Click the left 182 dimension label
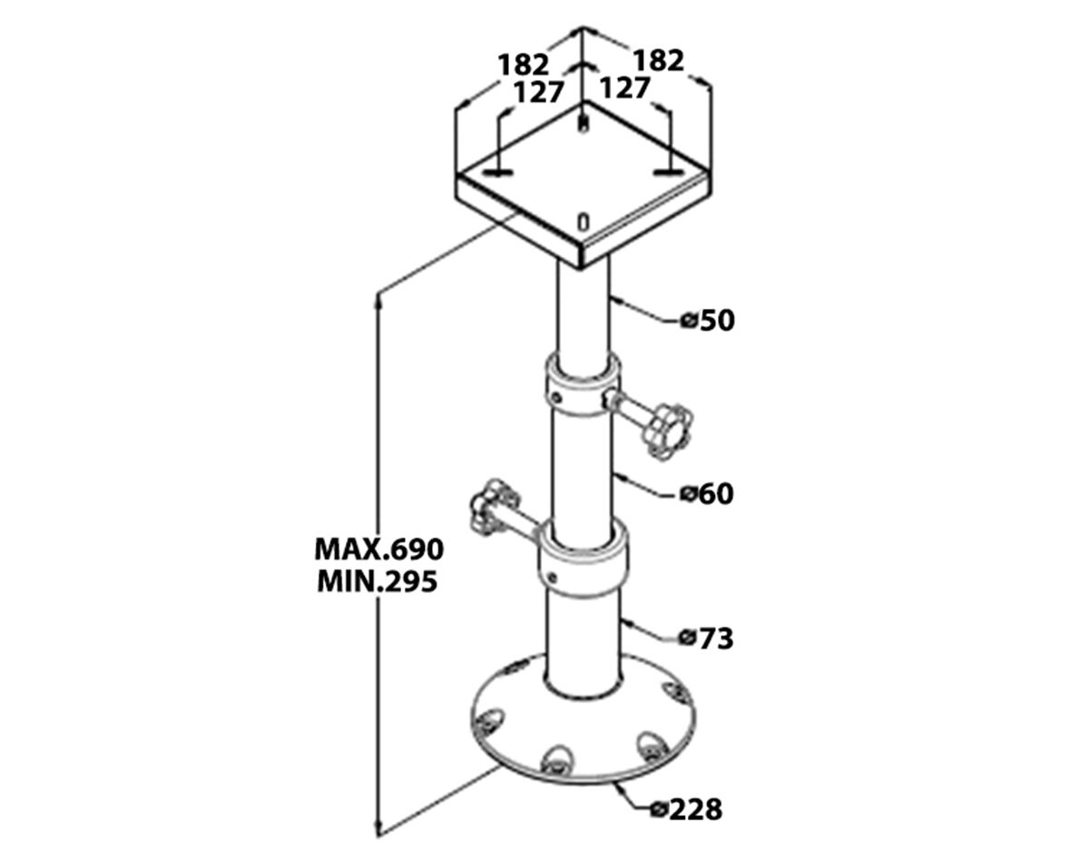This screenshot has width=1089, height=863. (524, 64)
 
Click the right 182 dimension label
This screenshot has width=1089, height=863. (659, 61)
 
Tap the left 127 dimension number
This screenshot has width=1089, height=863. (538, 93)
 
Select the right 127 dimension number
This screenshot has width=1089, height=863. (624, 88)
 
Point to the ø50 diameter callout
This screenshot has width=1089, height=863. (708, 321)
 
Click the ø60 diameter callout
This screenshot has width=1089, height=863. (706, 493)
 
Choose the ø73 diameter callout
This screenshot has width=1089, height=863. (706, 639)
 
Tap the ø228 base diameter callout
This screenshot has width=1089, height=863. (687, 809)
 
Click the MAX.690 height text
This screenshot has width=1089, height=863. (379, 550)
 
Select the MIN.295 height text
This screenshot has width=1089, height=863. (377, 581)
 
